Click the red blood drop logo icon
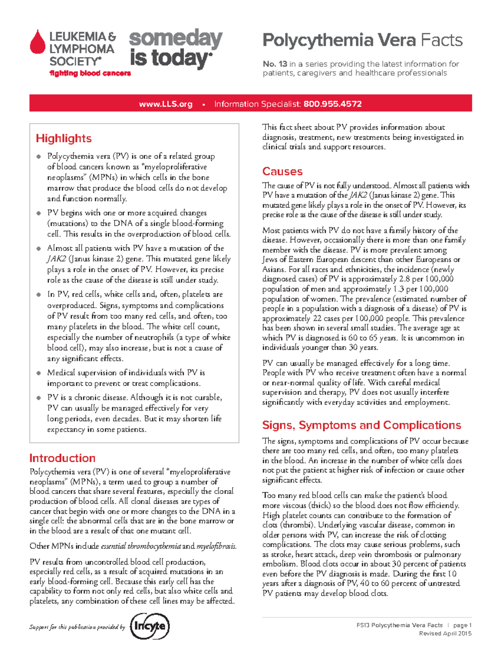tap(38, 42)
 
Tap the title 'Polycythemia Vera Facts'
tap(362, 41)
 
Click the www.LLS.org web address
tap(166, 104)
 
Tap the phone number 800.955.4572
tap(332, 104)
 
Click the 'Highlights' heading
tap(63, 138)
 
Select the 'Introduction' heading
tap(62, 458)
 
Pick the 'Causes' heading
tap(282, 171)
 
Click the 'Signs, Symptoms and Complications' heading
tap(361, 425)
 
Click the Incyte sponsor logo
tap(150, 626)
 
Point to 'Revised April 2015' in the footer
tap(445, 634)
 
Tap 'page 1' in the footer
tap(462, 625)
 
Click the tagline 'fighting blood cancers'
tap(90, 74)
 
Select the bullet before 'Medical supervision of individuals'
tap(38, 373)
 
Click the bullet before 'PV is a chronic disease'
tap(38, 398)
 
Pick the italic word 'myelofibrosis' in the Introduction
tap(216, 546)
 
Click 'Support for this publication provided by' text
tap(77, 627)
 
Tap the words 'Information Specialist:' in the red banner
tap(257, 104)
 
